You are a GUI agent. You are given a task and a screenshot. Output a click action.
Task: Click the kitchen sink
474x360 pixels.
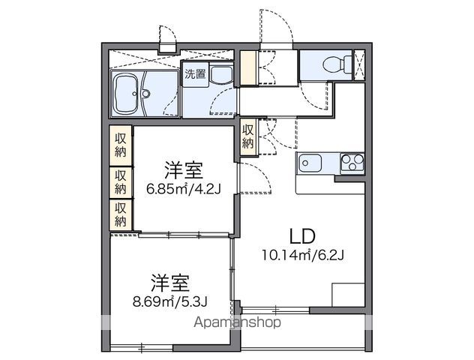311,162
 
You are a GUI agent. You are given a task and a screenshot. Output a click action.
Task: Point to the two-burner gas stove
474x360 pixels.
351,161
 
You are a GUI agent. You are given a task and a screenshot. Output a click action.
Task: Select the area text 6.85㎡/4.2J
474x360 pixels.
183,188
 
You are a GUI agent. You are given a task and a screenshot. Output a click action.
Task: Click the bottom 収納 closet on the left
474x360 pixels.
121,214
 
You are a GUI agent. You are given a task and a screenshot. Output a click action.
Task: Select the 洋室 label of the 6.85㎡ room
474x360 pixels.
183,169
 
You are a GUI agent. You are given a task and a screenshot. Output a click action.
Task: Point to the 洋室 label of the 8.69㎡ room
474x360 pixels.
169,283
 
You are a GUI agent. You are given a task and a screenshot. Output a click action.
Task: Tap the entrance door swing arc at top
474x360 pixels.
271,26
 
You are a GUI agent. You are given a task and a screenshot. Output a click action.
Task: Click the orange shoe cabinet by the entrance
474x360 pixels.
248,70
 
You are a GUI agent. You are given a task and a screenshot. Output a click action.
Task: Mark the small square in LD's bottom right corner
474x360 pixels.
347,295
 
